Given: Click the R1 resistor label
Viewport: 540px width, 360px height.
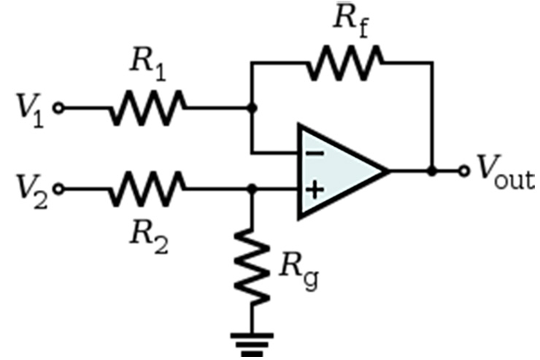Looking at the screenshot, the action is point(148,66).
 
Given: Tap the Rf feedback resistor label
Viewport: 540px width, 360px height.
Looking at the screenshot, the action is point(351,20).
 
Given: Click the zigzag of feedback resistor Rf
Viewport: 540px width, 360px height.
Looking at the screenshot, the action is point(345,63).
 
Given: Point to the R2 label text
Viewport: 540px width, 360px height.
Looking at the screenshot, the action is point(149,237).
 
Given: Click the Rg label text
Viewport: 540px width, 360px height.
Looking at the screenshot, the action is point(299,271).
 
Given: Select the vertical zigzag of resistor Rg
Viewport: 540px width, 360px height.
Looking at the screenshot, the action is point(252,267).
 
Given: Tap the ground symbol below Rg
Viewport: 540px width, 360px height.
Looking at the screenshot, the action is point(252,345).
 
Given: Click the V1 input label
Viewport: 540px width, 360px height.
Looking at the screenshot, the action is point(31,110).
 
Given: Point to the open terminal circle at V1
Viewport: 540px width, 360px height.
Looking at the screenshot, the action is point(58,108).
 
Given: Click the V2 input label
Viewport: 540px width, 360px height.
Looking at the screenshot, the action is point(32,191).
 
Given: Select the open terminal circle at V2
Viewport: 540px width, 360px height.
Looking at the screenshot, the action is point(58,189).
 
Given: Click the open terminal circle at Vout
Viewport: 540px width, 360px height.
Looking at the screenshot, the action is point(464,171).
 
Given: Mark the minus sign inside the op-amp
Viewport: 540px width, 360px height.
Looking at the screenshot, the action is point(315,153).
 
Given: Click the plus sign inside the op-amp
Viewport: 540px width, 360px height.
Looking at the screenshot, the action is point(315,190).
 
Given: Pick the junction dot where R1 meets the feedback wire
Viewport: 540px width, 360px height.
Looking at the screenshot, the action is point(252,108).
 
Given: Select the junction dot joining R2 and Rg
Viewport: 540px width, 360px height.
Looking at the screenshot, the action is point(252,189).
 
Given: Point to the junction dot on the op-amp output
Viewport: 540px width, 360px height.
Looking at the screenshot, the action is point(432,171).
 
